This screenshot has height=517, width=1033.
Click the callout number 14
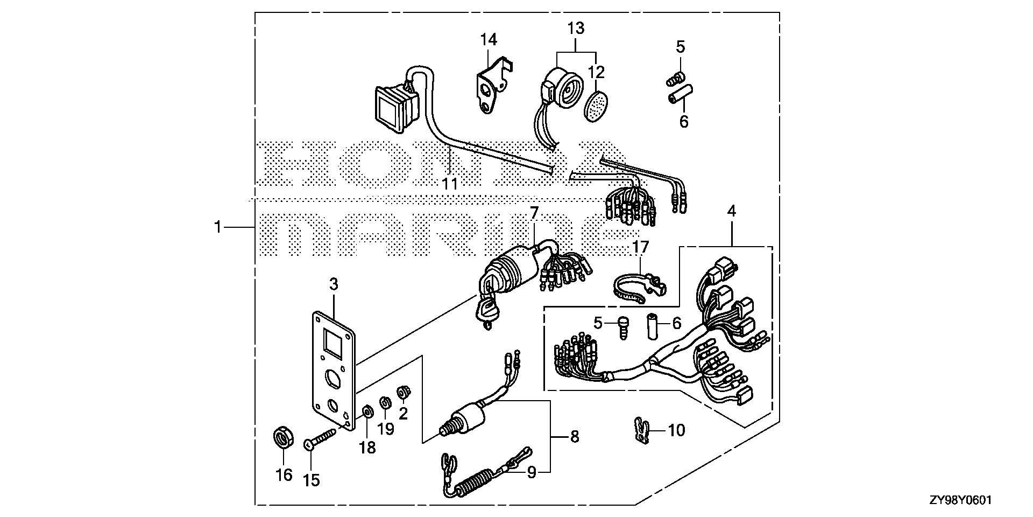pos(489,40)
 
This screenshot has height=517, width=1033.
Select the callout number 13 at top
pos(576,27)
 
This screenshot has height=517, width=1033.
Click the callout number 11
pos(450,184)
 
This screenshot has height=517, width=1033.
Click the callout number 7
pos(534,213)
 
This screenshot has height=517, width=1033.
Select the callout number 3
pos(334,284)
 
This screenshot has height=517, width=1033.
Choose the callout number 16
pos(284,475)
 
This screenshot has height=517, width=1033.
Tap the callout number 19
pos(386,429)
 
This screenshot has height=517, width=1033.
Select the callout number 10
pos(676,430)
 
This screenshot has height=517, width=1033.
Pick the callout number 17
pos(641,247)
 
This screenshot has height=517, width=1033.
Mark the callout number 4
pos(732,212)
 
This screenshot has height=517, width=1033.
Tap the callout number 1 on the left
pos(217,228)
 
